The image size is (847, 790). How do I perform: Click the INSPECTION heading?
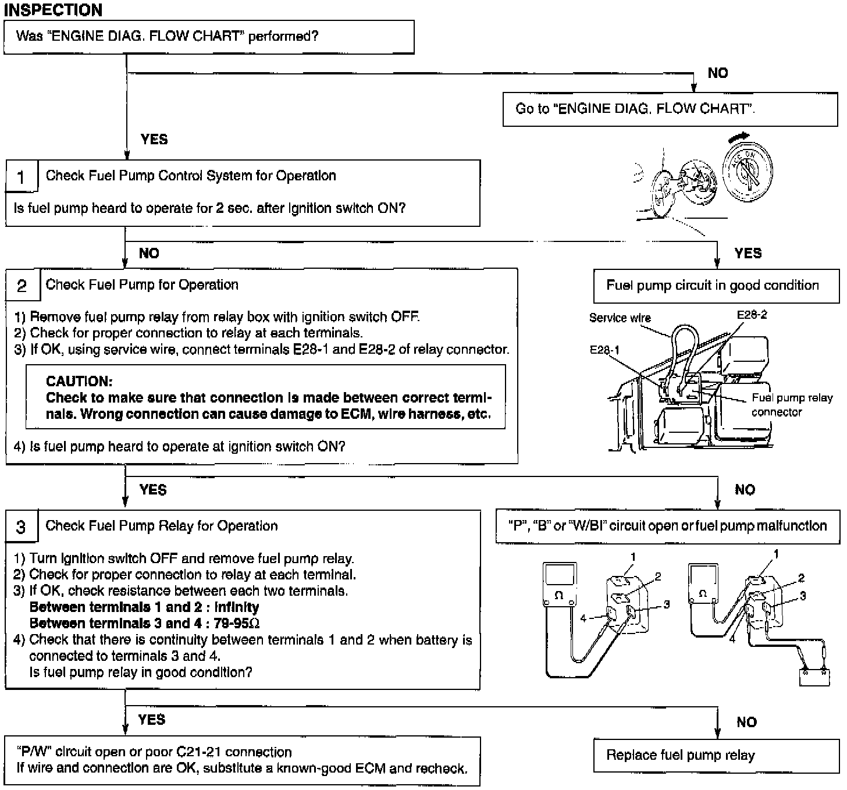click(x=53, y=10)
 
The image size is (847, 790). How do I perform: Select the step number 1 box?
click(x=22, y=176)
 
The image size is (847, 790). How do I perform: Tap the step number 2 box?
click(x=22, y=285)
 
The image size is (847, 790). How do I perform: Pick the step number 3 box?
click(x=22, y=527)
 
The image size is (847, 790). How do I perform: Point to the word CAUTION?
click(x=79, y=382)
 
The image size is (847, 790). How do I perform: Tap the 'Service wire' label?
click(x=620, y=318)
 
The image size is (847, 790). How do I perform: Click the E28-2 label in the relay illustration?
click(x=752, y=315)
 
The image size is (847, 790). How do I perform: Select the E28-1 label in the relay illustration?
click(x=604, y=350)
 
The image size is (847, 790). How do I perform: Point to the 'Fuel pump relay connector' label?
click(x=791, y=405)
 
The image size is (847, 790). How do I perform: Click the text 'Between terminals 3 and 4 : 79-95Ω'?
click(x=144, y=624)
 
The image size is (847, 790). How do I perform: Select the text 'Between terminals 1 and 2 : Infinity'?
click(x=144, y=607)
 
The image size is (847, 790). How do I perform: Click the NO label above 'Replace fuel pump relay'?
click(x=746, y=723)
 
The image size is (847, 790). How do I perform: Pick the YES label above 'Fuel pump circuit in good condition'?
click(x=748, y=254)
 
